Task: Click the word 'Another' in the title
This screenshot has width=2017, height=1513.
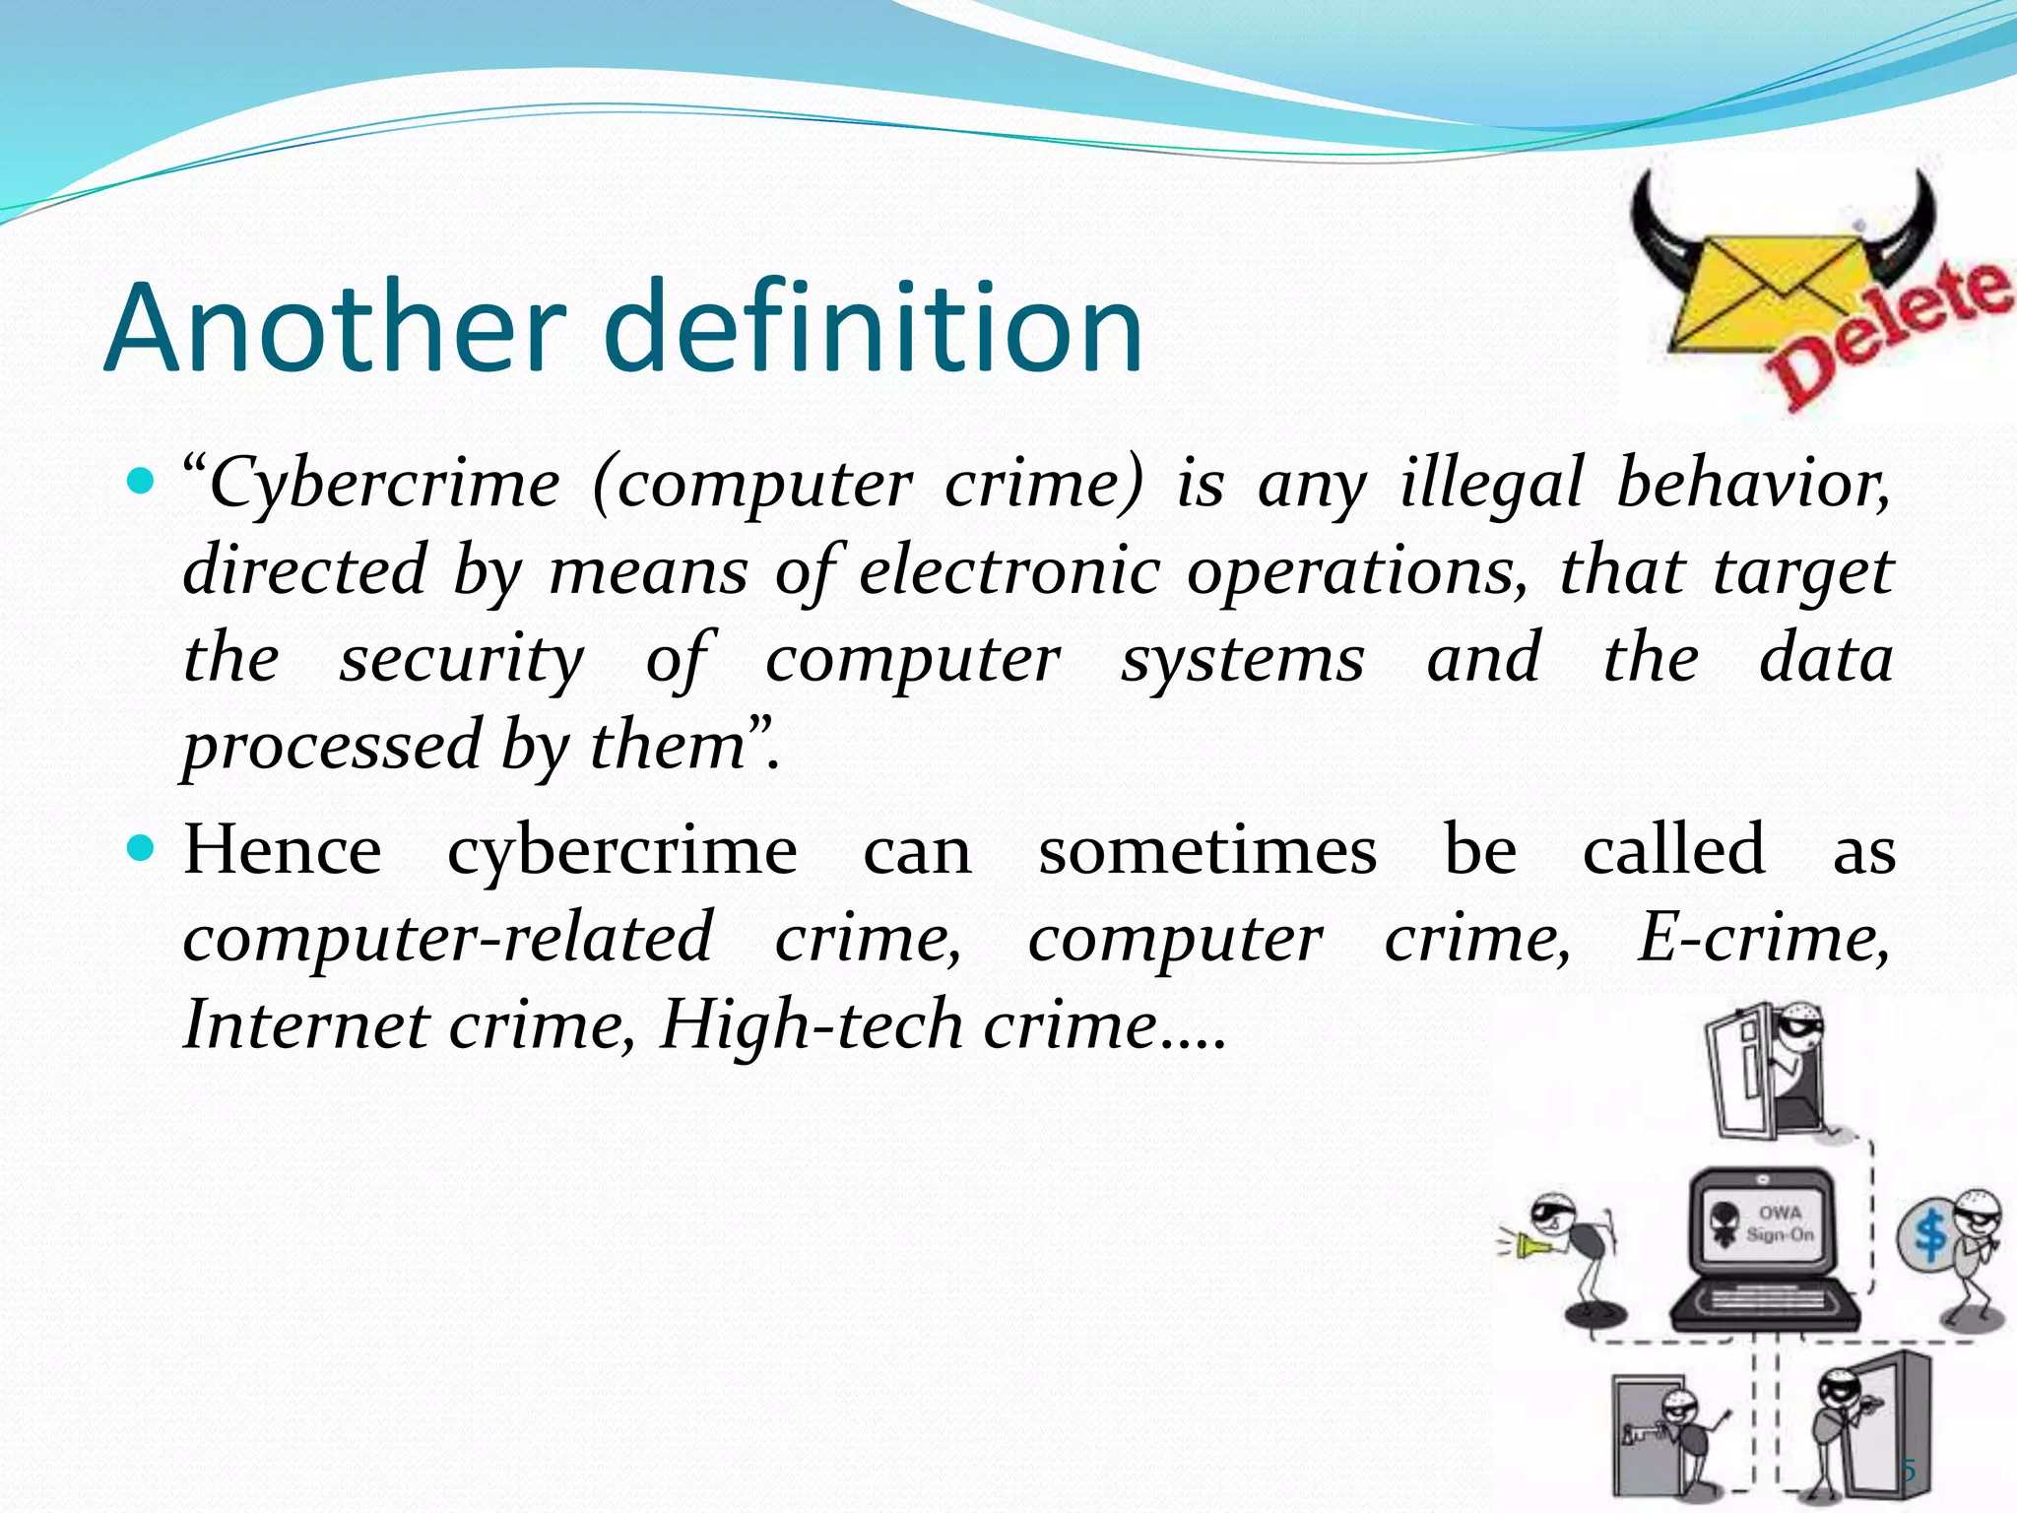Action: pyautogui.click(x=335, y=327)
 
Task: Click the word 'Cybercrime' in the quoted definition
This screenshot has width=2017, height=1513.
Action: pyautogui.click(x=384, y=485)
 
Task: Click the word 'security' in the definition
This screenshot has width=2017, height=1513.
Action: pyautogui.click(x=461, y=658)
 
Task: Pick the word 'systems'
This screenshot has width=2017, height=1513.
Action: pyautogui.click(x=1243, y=658)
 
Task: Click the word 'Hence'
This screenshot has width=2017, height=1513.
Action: pyautogui.click(x=283, y=849)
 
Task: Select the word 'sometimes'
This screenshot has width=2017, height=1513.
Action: pyautogui.click(x=1207, y=849)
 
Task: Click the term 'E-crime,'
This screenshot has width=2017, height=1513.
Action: pyautogui.click(x=1763, y=938)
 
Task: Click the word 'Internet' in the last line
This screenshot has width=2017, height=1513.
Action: pyautogui.click(x=306, y=1024)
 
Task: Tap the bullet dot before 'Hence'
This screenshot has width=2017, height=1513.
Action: pyautogui.click(x=143, y=847)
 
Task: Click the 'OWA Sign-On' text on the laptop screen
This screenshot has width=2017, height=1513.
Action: pyautogui.click(x=1780, y=1223)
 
